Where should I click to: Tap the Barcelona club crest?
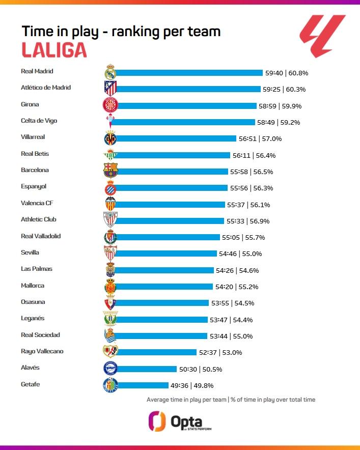[x=110, y=170]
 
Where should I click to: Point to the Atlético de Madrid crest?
[x=110, y=88]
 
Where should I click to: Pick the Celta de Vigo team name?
[x=39, y=121]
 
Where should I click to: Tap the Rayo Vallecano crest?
[x=110, y=351]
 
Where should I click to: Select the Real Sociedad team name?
[x=40, y=335]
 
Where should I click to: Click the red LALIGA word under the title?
[x=54, y=50]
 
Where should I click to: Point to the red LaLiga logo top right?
[x=322, y=36]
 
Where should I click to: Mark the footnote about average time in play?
[x=231, y=400]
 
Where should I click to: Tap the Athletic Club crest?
[x=110, y=220]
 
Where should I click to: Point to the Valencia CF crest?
[x=110, y=203]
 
